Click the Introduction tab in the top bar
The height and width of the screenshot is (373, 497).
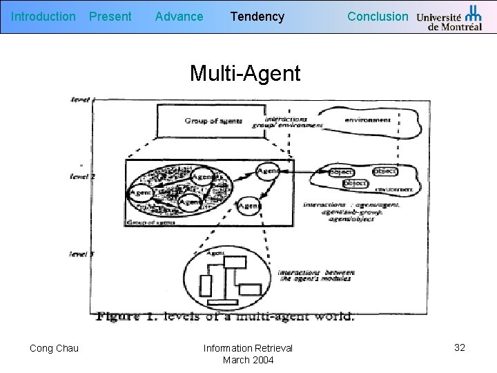click(44, 16)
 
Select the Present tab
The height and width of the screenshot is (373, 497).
click(110, 16)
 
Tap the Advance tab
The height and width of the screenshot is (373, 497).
click(179, 16)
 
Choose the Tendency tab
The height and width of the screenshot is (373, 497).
click(257, 16)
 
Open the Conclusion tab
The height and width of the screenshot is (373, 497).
click(378, 16)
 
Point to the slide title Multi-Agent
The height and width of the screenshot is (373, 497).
click(245, 73)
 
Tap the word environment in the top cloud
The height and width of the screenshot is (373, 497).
click(368, 119)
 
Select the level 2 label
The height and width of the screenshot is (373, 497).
click(83, 177)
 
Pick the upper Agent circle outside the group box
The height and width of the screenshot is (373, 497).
click(268, 171)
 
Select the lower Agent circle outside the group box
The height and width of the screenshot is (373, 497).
click(248, 205)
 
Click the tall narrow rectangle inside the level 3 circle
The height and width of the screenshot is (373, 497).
click(206, 285)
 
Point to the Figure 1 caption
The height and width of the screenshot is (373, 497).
click(226, 317)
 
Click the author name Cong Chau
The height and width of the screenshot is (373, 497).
click(54, 348)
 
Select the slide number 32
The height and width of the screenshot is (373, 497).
click(460, 347)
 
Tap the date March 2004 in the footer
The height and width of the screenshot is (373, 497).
click(248, 360)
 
